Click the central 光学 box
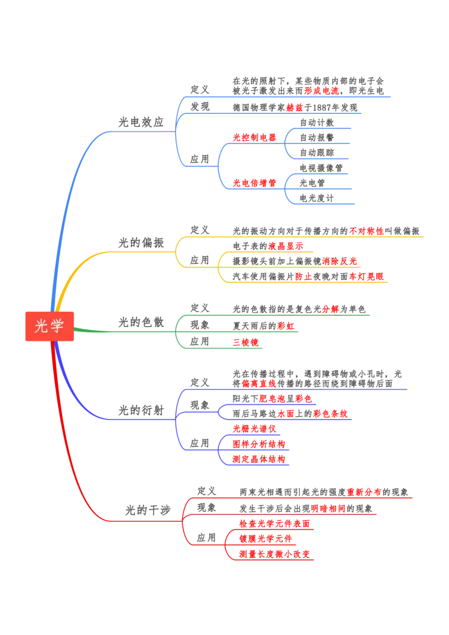click(49, 326)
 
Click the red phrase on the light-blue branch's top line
click(322, 90)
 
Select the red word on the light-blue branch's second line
click(294, 107)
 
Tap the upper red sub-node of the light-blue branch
click(255, 137)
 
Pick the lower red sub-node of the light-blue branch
click(255, 182)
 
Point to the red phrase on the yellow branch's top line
click(366, 229)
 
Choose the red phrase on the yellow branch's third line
click(339, 260)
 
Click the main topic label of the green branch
click(140, 320)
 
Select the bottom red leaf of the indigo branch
click(259, 459)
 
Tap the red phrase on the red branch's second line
click(328, 508)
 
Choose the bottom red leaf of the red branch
click(274, 554)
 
